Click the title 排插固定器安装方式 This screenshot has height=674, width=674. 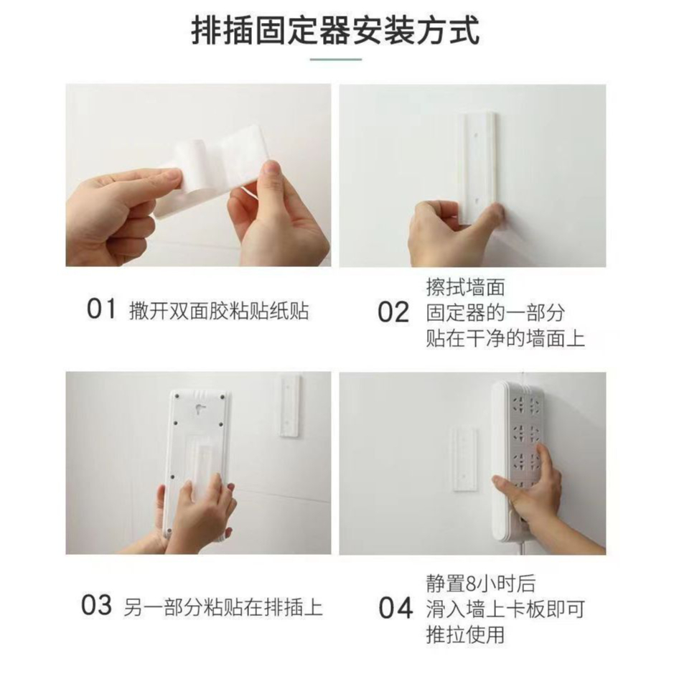click(x=335, y=30)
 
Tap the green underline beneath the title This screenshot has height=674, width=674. click(x=336, y=60)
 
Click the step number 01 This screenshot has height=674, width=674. click(x=101, y=309)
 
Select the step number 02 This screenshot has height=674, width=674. click(x=393, y=312)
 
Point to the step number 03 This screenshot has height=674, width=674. click(x=97, y=605)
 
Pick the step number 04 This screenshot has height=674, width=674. click(x=395, y=609)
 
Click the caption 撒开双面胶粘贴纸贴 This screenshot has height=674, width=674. click(x=219, y=310)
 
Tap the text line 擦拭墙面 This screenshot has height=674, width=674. click(x=466, y=287)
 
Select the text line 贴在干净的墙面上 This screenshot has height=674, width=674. click(x=505, y=338)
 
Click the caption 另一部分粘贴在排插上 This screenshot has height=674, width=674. click(x=223, y=607)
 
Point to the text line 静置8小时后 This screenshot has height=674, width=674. click(x=482, y=584)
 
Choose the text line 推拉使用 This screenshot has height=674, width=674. click(x=466, y=635)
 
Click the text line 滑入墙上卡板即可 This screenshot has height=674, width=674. click(x=505, y=609)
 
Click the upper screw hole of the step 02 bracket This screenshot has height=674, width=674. click(x=476, y=136)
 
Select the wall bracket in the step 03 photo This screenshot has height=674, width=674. click(x=290, y=406)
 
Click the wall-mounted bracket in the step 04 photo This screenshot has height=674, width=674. click(x=464, y=459)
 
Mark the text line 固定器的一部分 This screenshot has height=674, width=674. click(x=495, y=312)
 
